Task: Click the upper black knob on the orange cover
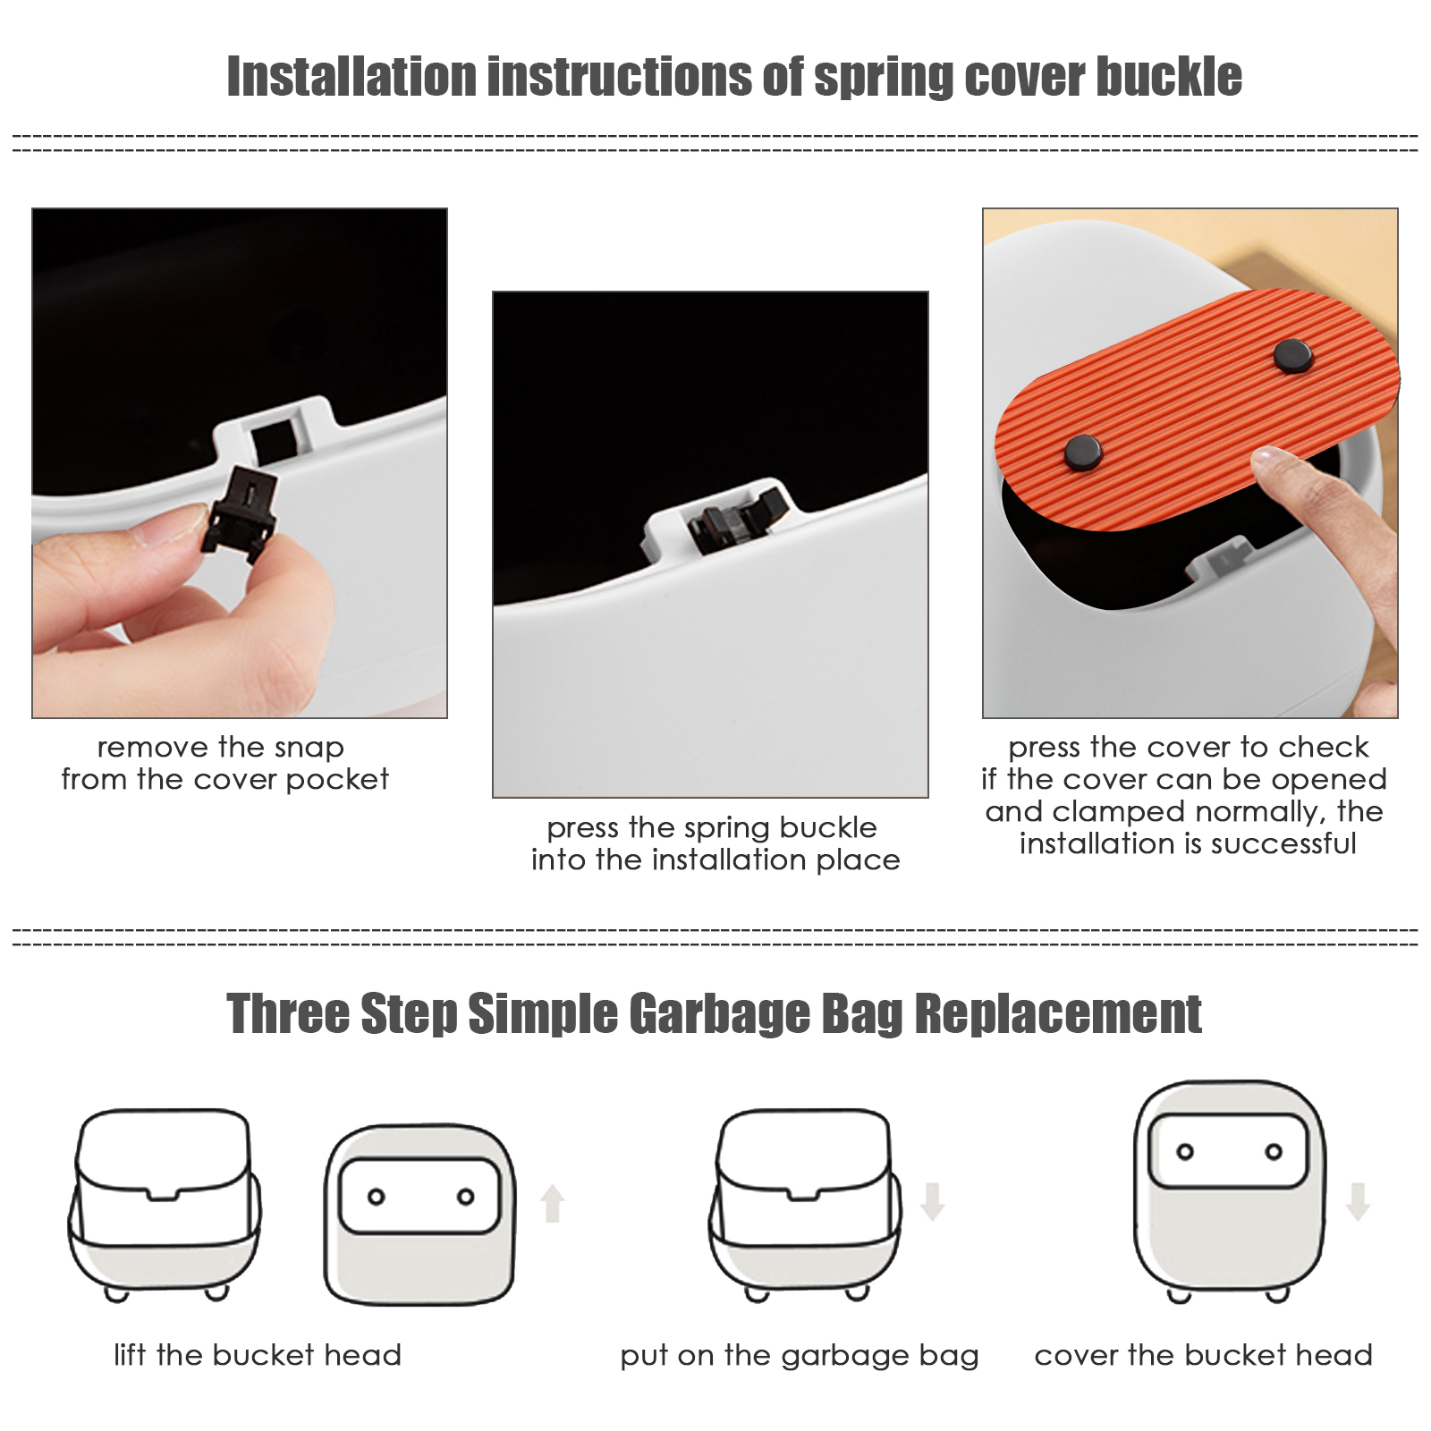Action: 1293,355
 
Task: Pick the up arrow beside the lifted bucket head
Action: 553,1203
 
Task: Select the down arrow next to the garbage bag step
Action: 933,1201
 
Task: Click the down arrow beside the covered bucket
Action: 1358,1201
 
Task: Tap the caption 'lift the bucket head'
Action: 258,1355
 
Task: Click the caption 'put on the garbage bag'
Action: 800,1356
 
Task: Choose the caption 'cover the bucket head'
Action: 1203,1355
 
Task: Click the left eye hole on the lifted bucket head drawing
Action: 377,1197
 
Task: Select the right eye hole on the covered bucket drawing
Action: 1274,1152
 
